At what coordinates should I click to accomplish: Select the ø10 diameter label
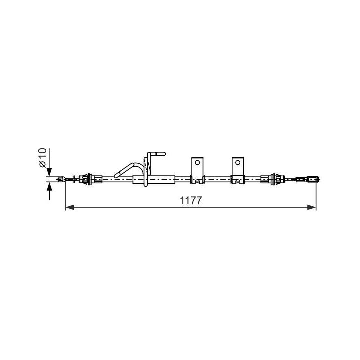click(x=42, y=158)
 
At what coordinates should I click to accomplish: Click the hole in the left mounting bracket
click(x=198, y=162)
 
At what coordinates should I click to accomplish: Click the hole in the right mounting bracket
click(x=238, y=162)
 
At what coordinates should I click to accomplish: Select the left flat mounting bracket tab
click(x=198, y=167)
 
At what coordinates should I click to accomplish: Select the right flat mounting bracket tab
click(x=238, y=167)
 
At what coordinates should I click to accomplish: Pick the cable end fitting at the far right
click(x=312, y=179)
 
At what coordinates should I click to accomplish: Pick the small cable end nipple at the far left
click(x=62, y=179)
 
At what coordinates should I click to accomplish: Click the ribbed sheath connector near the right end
click(x=274, y=178)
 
